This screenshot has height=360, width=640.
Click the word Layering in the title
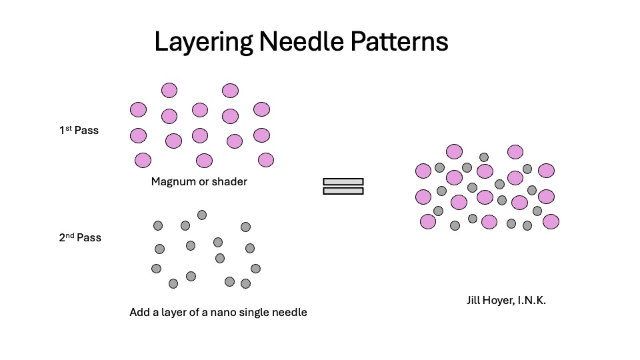tap(203, 43)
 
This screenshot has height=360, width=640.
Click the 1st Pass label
tap(79, 131)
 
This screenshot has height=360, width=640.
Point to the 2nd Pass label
tap(80, 237)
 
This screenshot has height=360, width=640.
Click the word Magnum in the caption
tap(172, 181)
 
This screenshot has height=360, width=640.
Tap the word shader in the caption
tap(229, 181)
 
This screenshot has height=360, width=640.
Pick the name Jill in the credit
tap(475, 301)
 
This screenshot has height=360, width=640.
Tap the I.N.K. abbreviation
tap(533, 301)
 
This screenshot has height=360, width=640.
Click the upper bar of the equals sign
tap(343, 181)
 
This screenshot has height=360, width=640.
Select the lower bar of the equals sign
tap(343, 191)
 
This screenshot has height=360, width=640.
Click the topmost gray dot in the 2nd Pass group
tap(202, 215)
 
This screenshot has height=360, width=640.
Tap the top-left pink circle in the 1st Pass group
tap(138, 109)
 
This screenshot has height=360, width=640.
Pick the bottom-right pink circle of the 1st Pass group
tap(266, 160)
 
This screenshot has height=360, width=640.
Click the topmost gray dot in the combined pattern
tap(484, 157)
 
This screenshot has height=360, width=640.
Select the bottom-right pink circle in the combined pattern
tap(551, 221)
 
